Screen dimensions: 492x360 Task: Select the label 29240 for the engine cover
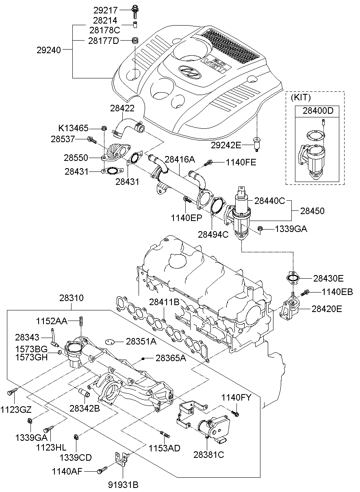[48, 50]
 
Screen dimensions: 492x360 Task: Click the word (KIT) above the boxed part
[300, 98]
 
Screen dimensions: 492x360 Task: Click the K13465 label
[73, 128]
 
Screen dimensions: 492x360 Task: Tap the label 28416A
[180, 160]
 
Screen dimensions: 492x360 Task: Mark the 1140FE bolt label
[241, 163]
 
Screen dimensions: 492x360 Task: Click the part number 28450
[312, 211]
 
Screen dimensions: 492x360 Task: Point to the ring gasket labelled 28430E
[292, 278]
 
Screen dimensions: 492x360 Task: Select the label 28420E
[327, 309]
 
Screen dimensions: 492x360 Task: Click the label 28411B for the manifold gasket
[164, 302]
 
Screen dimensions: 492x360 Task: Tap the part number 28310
[72, 298]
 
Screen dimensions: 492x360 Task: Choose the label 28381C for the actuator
[209, 455]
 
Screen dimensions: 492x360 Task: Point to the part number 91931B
[123, 485]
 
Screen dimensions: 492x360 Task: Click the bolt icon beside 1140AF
[101, 470]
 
